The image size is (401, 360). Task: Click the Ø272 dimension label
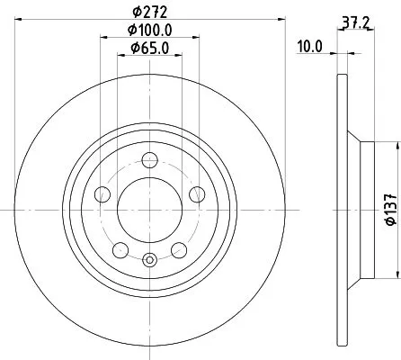click(x=150, y=12)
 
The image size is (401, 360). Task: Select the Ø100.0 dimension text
click(x=150, y=31)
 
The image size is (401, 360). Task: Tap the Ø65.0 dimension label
click(x=150, y=48)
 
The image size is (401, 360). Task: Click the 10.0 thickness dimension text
click(x=309, y=47)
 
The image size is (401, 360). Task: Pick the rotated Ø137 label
click(x=391, y=209)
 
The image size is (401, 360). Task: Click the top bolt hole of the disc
click(x=150, y=160)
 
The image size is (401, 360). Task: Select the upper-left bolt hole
click(x=102, y=194)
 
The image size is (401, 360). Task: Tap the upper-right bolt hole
click(x=197, y=194)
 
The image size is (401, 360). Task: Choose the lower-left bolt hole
click(x=120, y=250)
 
